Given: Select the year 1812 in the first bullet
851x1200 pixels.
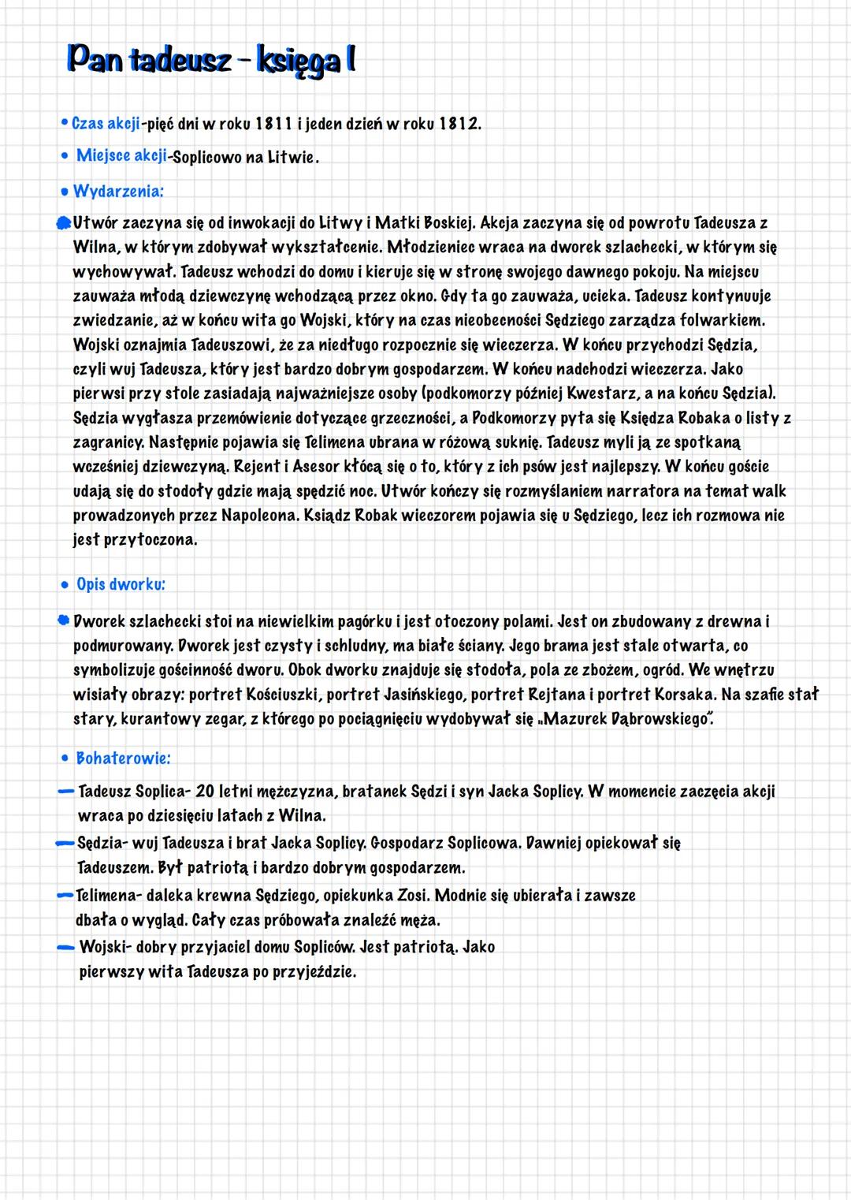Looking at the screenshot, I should tap(459, 124).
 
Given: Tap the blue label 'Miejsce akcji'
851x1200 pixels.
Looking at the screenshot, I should tap(121, 155).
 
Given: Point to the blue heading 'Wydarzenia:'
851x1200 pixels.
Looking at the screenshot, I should tap(118, 191).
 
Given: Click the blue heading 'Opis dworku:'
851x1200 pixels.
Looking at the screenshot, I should tap(121, 584).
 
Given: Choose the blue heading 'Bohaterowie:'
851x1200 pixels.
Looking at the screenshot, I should tap(123, 758).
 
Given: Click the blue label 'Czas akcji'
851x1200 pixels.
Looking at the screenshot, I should tap(106, 124).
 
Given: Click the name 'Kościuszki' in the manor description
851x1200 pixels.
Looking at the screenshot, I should tap(281, 695).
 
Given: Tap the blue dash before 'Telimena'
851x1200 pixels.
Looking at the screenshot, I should tap(65, 896).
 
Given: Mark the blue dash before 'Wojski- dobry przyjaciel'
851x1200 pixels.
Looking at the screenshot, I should tap(66, 947).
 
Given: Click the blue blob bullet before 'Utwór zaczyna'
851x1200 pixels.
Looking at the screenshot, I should tap(64, 224).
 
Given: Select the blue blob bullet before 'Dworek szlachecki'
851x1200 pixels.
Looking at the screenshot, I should tap(64, 621).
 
